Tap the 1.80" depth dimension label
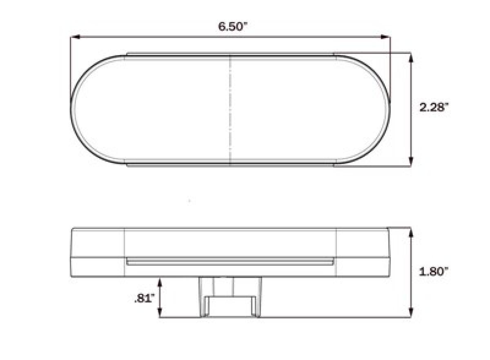pyautogui.click(x=434, y=272)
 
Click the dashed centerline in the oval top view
pyautogui.click(x=231, y=109)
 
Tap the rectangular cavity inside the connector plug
pyautogui.click(x=230, y=306)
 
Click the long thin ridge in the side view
pyautogui.click(x=230, y=261)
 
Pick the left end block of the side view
pyautogui.click(x=98, y=252)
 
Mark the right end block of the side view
pyautogui.click(x=363, y=252)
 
